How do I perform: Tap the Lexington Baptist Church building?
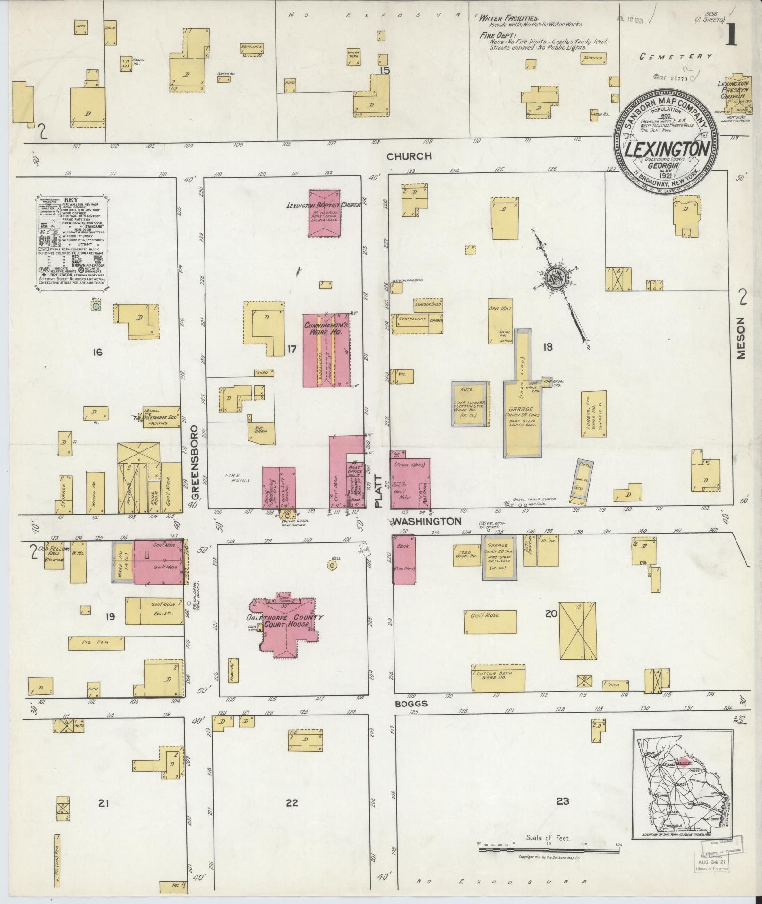click(x=325, y=214)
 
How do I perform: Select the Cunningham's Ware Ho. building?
click(x=326, y=350)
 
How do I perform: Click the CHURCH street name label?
click(x=409, y=156)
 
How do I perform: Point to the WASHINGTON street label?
click(x=427, y=521)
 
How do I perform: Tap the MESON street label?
click(x=740, y=338)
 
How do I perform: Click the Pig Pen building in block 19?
click(x=97, y=643)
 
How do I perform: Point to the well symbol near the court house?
click(x=333, y=565)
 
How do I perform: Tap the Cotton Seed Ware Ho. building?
click(x=498, y=678)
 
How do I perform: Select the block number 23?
click(x=562, y=801)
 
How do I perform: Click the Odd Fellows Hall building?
click(x=57, y=555)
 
